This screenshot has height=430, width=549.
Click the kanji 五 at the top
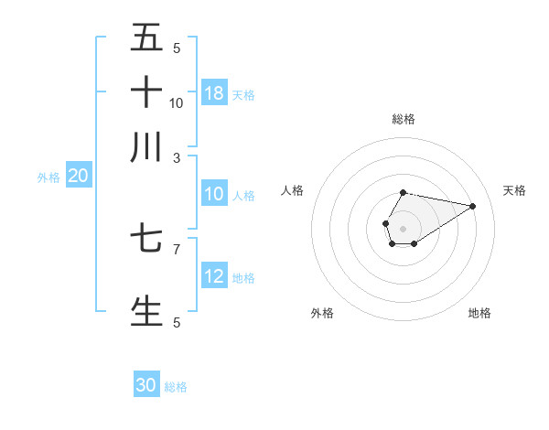pyautogui.click(x=147, y=38)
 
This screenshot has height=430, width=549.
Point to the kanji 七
pyautogui.click(x=147, y=240)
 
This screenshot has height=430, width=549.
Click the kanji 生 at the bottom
pyautogui.click(x=147, y=310)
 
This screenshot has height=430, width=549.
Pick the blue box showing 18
pyautogui.click(x=214, y=92)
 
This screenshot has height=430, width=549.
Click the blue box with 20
pyautogui.click(x=78, y=177)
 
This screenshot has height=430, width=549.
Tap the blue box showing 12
pyautogui.click(x=214, y=276)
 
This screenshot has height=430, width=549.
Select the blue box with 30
pyautogui.click(x=146, y=385)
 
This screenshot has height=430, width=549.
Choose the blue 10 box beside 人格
pyautogui.click(x=214, y=194)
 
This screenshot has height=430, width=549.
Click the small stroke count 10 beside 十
pyautogui.click(x=177, y=102)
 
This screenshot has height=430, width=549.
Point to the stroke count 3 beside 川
pyautogui.click(x=177, y=156)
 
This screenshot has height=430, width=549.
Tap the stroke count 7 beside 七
pyautogui.click(x=177, y=248)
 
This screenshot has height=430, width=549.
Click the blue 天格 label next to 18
pyautogui.click(x=243, y=94)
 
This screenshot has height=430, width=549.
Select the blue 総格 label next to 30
pyautogui.click(x=176, y=387)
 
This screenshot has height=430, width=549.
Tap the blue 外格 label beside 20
pyautogui.click(x=48, y=177)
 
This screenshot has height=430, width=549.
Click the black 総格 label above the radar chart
pyautogui.click(x=403, y=119)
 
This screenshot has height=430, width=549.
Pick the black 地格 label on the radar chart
pyautogui.click(x=479, y=313)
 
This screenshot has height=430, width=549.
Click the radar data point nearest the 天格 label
pyautogui.click(x=473, y=205)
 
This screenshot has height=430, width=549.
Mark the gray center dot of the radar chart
pyautogui.click(x=403, y=227)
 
